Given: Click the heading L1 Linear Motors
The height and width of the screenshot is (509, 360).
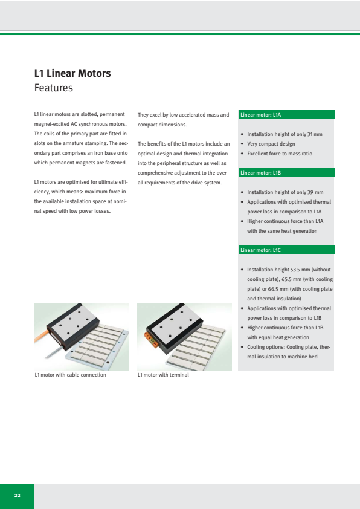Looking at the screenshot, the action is click(72, 73).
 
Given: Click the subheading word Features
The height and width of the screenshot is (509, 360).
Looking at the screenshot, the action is click(54, 88).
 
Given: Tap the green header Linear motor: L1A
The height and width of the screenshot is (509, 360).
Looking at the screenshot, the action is click(286, 115).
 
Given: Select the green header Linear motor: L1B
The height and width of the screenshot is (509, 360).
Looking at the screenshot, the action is click(286, 173).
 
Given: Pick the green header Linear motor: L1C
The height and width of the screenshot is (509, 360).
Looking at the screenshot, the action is click(286, 250).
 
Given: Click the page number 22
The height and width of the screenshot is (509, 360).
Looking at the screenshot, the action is click(17, 495).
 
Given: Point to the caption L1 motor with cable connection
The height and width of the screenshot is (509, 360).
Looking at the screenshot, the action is click(71, 375).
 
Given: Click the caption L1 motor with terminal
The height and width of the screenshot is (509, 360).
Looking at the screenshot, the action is click(163, 375).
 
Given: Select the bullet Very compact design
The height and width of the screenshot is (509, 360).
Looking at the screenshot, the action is click(271, 144).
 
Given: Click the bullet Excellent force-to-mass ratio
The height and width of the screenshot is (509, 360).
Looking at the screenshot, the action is click(280, 154).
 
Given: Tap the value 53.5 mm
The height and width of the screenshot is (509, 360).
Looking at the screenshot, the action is click(300, 270).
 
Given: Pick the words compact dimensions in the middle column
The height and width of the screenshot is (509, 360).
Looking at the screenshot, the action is click(162, 125).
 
